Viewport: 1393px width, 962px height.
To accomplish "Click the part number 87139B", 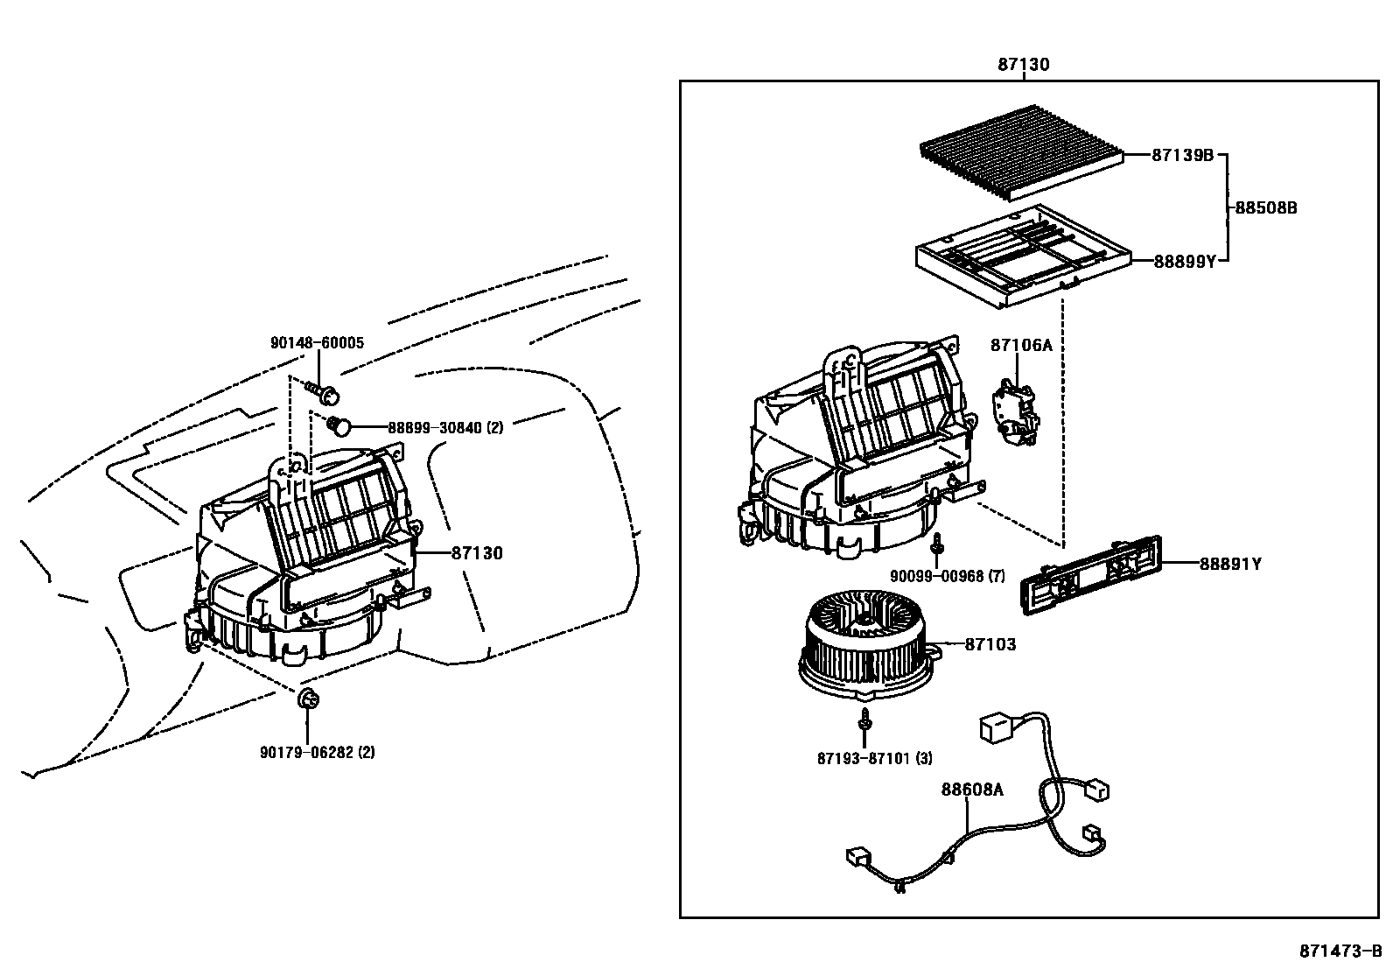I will (x=1182, y=155).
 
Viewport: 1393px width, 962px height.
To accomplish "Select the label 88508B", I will (x=1265, y=207).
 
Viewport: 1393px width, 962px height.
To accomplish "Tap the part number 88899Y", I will (x=1185, y=260).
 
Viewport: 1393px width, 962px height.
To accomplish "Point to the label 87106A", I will (x=1021, y=345).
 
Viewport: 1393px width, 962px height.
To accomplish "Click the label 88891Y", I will (x=1229, y=564).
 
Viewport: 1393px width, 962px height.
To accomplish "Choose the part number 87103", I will (x=990, y=644).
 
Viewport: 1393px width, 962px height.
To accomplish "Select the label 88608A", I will (x=972, y=790).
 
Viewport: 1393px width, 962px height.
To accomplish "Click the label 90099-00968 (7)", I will (x=948, y=576).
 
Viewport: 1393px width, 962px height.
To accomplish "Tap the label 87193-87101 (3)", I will (x=874, y=758).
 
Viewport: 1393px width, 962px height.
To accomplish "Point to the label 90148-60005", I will (x=317, y=343).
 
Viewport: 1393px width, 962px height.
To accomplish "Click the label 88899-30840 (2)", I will (x=445, y=427).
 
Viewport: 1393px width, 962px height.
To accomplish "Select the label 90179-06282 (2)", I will (x=317, y=752).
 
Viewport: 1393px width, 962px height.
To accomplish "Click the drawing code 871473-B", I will (x=1340, y=950).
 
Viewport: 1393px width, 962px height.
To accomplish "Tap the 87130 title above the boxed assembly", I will (x=1023, y=64).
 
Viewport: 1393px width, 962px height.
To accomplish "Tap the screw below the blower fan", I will (x=865, y=720).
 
